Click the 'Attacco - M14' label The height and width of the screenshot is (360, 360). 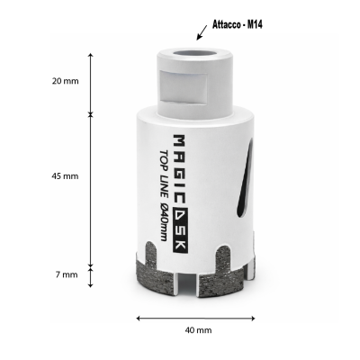[238, 25]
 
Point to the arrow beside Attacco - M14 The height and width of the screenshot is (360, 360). [202, 32]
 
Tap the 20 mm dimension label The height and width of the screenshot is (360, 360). [65, 81]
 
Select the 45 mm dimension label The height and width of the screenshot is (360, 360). [65, 176]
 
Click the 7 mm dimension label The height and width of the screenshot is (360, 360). [67, 274]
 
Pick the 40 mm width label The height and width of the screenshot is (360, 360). [198, 330]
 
